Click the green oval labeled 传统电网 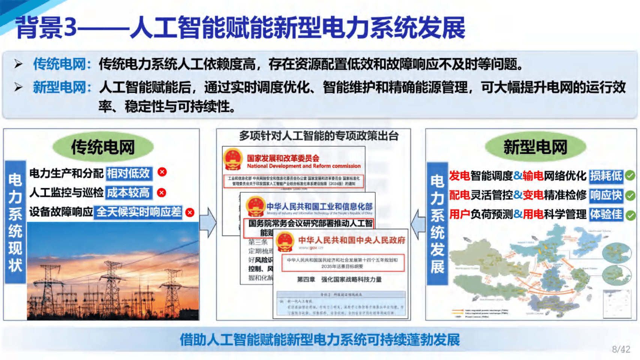[103, 147]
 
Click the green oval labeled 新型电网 [535, 147]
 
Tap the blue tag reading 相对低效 [129, 173]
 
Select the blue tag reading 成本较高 [128, 193]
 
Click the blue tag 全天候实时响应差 [138, 212]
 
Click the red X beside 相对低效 [162, 172]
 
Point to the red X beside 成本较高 [162, 193]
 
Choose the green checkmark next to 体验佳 [630, 215]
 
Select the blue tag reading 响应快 [606, 195]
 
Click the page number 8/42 [621, 349]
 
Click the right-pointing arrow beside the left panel [208, 223]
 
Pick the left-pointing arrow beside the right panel [418, 223]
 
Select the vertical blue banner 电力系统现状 [15, 222]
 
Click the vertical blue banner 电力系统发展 [437, 224]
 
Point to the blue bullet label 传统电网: [62, 64]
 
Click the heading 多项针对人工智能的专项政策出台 [318, 136]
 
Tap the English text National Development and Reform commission [304, 166]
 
